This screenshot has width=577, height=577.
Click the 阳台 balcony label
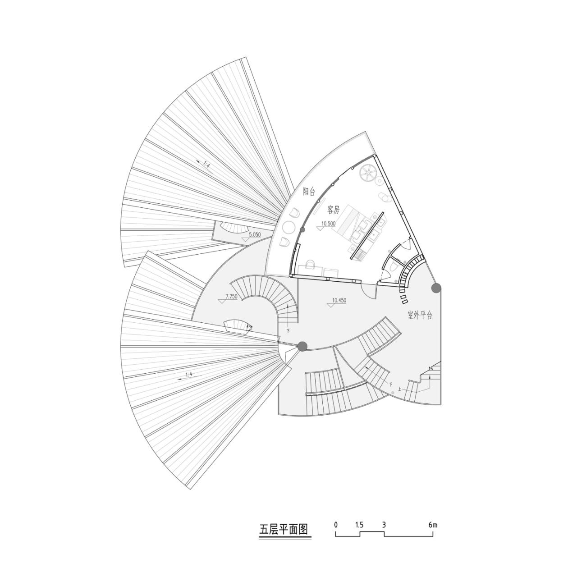(x=309, y=192)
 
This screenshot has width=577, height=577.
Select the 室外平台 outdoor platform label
(x=420, y=316)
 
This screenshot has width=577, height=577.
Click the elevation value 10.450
(x=339, y=300)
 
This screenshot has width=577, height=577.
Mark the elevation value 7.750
(x=230, y=297)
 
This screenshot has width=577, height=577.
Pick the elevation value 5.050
(x=254, y=234)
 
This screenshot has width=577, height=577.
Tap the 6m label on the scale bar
(x=433, y=525)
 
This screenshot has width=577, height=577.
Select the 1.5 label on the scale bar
(x=359, y=525)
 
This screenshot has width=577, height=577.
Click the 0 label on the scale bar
(x=336, y=525)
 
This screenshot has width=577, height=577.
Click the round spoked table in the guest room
(x=368, y=174)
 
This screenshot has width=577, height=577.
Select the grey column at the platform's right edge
(x=436, y=288)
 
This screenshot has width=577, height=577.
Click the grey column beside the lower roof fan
(x=302, y=346)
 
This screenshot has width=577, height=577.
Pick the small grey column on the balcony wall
(x=302, y=230)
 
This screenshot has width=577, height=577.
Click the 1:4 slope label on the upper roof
(x=204, y=165)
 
